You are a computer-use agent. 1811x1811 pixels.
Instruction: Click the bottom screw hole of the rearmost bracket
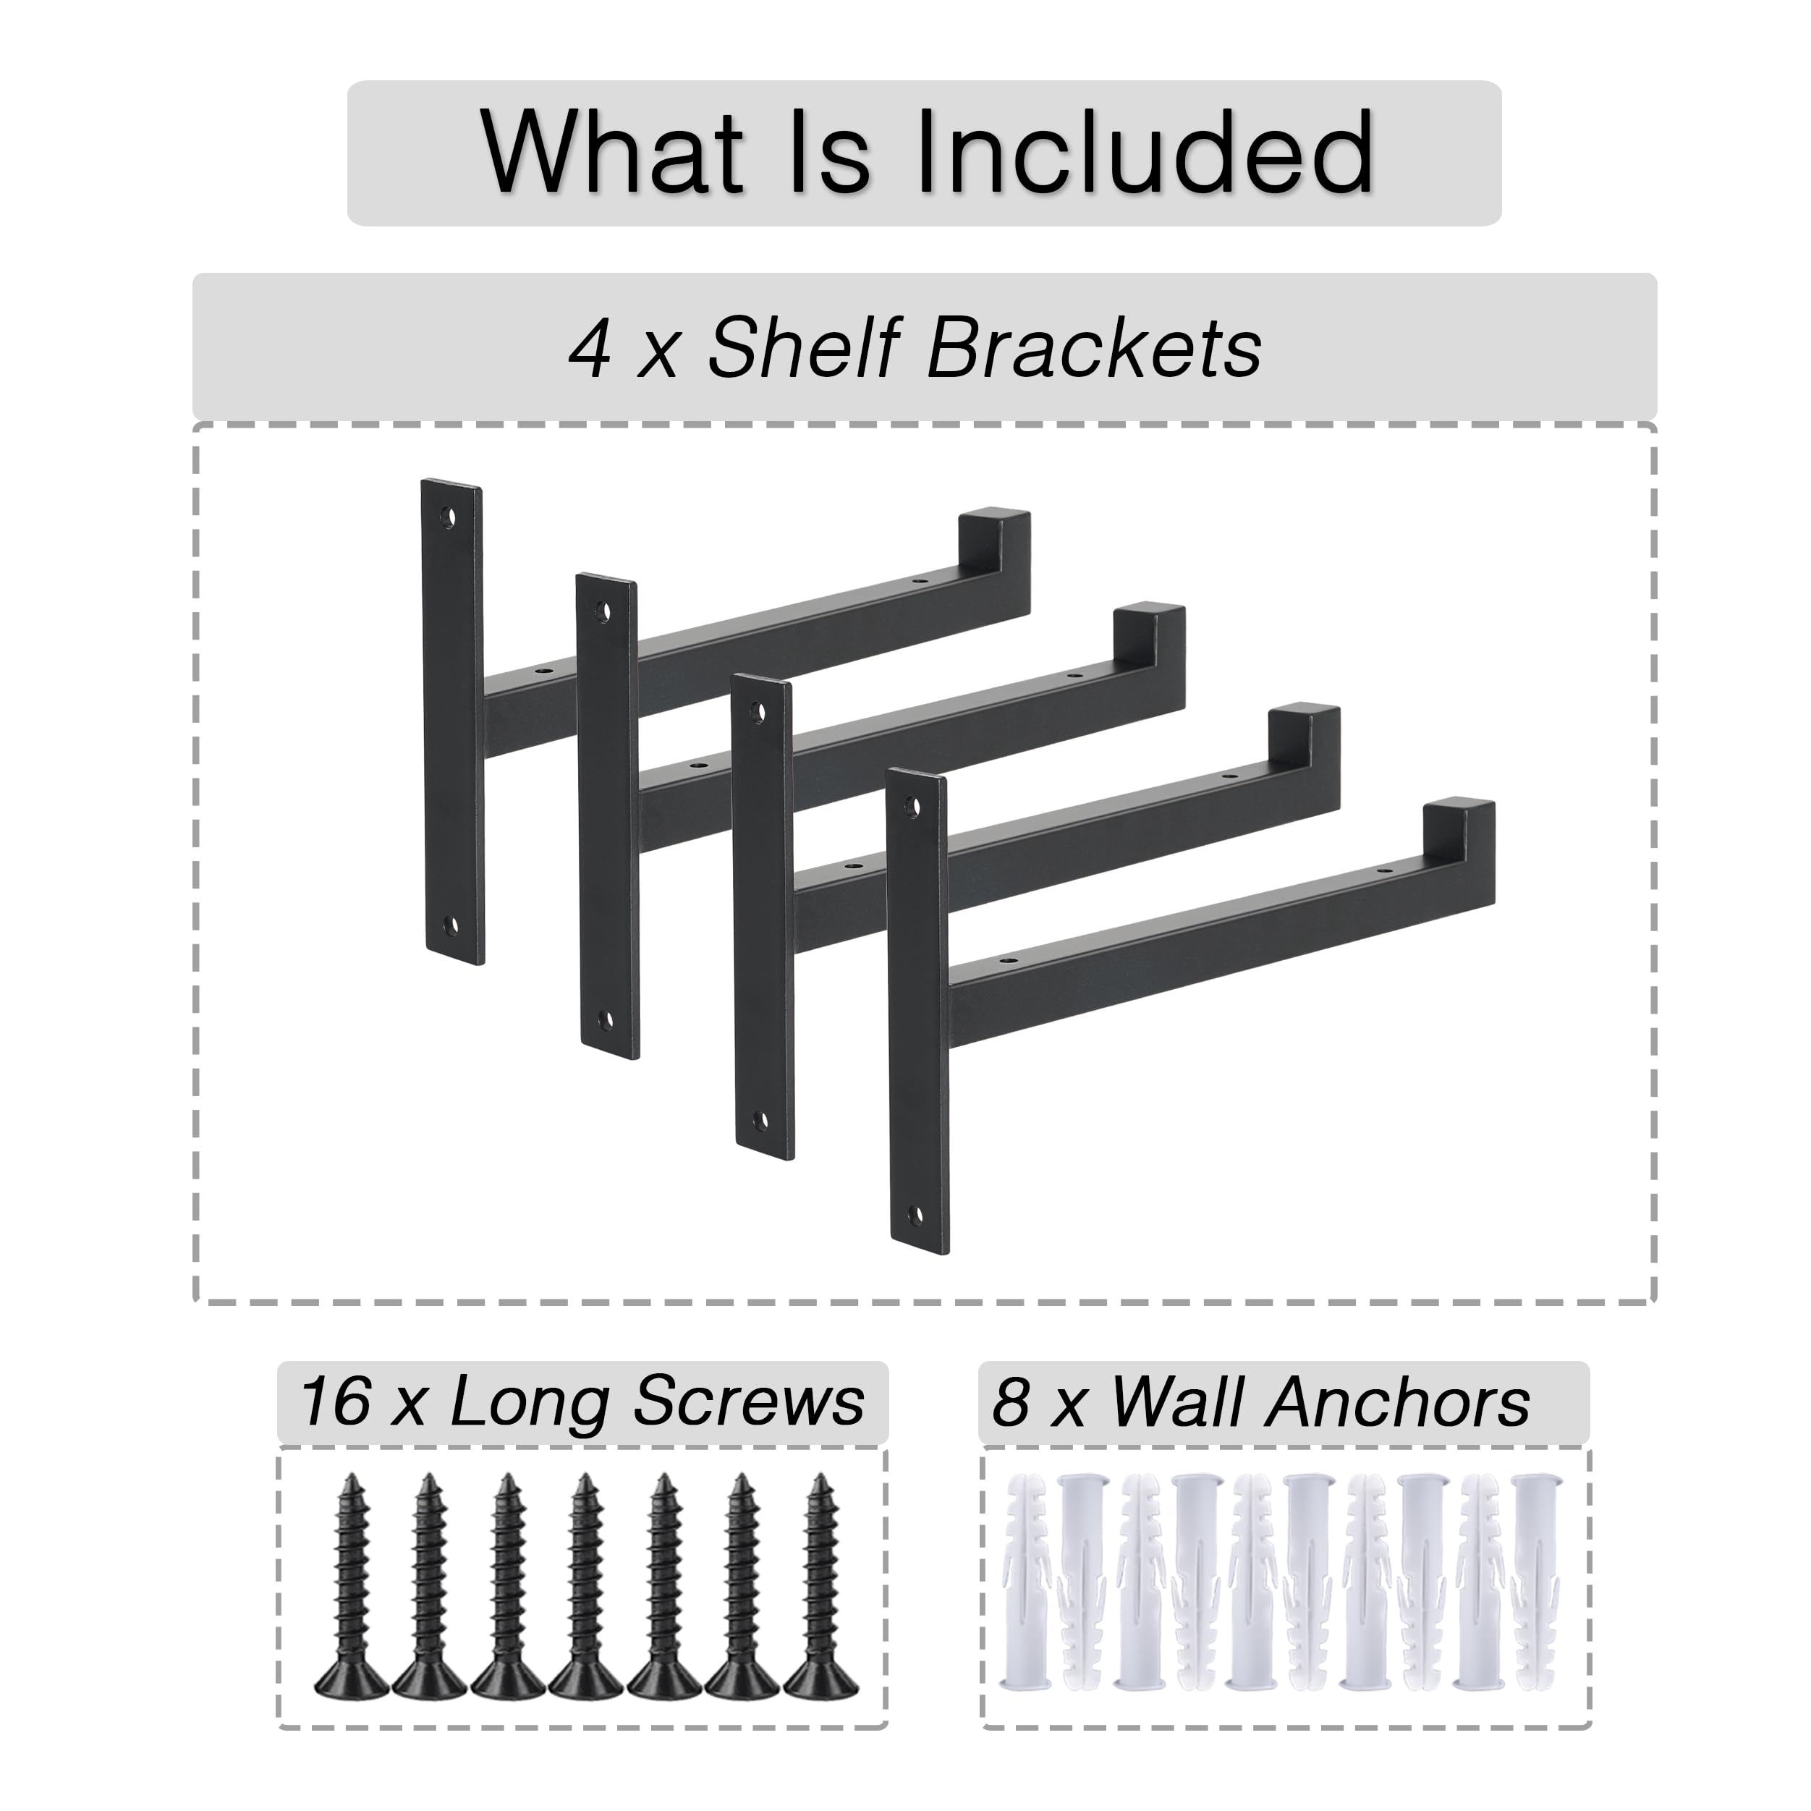453,926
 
